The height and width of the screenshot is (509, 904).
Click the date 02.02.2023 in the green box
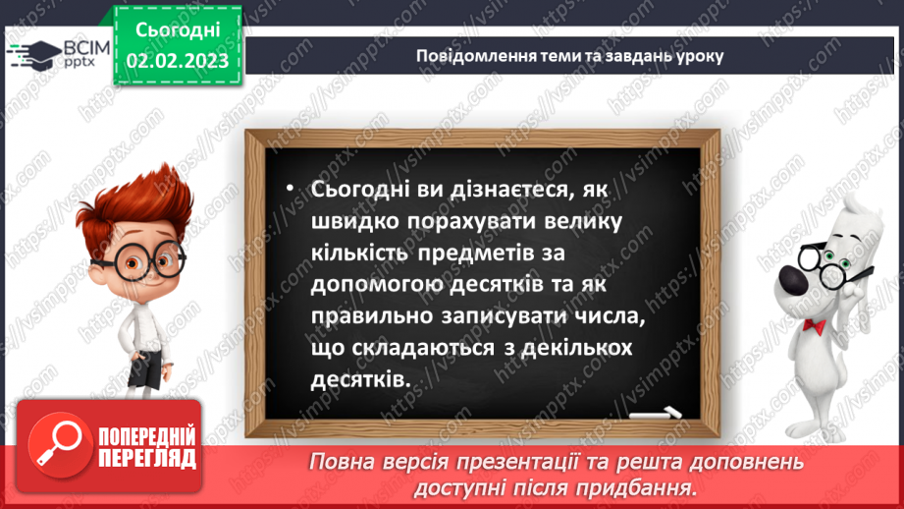point(177,62)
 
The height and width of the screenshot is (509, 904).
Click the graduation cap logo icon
point(32,55)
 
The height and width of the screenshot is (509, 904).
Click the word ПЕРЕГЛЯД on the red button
point(147,459)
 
